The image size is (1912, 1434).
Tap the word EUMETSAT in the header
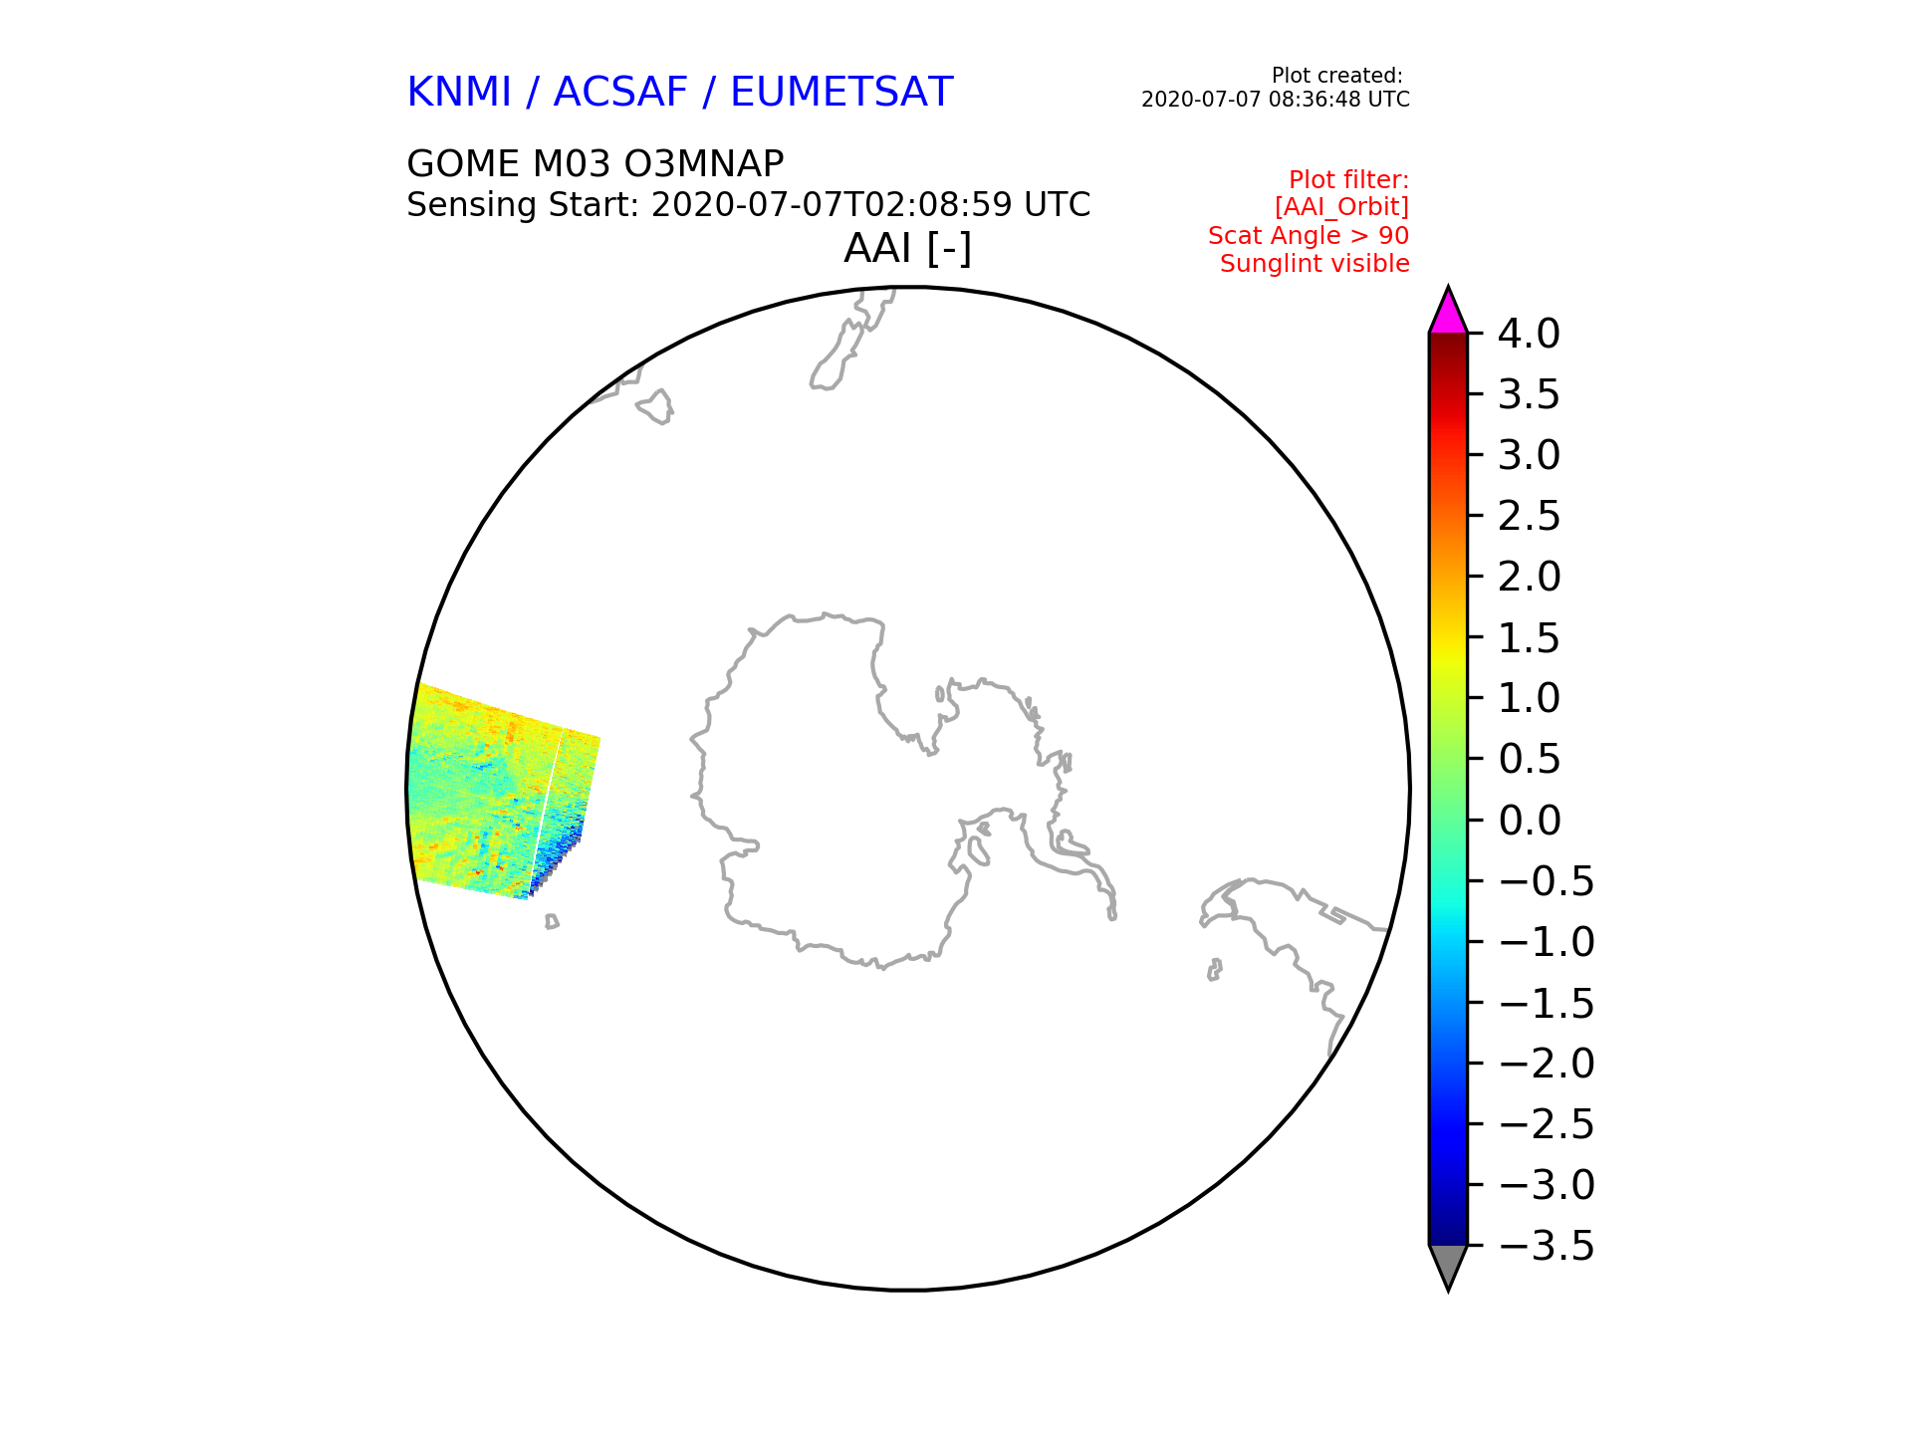[x=841, y=93]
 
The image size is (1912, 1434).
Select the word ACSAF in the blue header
[x=620, y=93]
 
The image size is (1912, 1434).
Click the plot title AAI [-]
[x=907, y=249]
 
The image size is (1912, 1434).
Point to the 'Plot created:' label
[x=1337, y=76]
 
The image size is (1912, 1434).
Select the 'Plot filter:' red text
[x=1348, y=180]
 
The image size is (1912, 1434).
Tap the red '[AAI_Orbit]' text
[x=1341, y=207]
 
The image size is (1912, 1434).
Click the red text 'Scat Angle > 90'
[x=1309, y=236]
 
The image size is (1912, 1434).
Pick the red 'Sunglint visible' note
[x=1314, y=264]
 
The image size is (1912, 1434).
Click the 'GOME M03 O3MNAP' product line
[x=596, y=164]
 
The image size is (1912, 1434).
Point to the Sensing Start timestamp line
[x=749, y=205]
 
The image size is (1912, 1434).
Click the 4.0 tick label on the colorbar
[x=1529, y=335]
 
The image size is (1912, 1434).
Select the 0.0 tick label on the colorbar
[x=1529, y=822]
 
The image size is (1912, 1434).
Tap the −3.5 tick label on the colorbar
[x=1546, y=1247]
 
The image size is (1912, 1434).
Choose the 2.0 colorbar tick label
[x=1529, y=578]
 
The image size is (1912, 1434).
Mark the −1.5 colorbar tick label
[x=1546, y=1004]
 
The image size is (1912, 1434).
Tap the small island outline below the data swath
[x=552, y=922]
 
